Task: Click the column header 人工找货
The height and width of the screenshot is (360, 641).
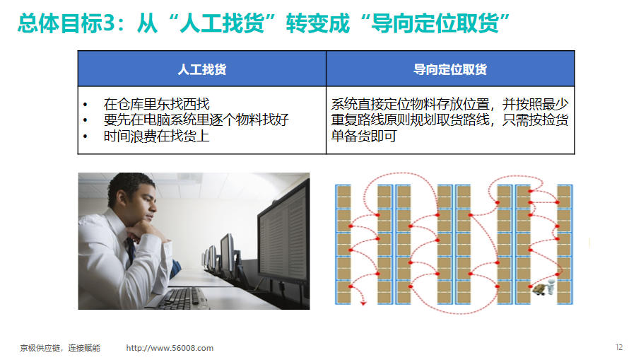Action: point(202,69)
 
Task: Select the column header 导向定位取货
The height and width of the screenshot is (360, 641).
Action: point(450,69)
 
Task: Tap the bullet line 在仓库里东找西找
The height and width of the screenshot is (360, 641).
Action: point(157,104)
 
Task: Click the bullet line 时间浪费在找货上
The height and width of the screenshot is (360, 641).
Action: point(157,136)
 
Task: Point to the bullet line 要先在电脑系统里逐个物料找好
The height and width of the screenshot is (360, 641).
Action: point(196,120)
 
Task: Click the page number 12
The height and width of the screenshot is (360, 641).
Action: point(619,347)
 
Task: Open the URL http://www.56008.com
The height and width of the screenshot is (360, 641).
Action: point(170,348)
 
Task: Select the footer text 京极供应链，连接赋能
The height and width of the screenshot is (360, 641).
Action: point(60,348)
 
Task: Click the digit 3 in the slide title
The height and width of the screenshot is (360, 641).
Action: point(108,23)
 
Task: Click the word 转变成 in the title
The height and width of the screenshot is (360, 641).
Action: point(317,23)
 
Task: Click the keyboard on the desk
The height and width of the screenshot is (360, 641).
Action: point(183,298)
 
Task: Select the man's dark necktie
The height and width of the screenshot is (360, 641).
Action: point(131,250)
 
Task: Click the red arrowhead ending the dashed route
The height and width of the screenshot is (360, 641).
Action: point(363,303)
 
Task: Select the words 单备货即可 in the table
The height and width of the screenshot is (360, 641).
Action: point(363,136)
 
